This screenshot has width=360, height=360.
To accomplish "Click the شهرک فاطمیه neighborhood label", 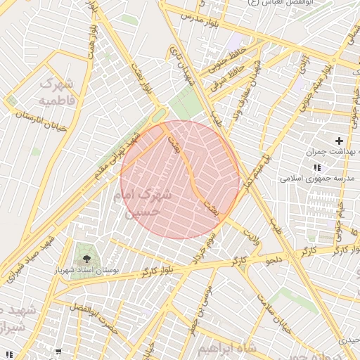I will pos(56,92).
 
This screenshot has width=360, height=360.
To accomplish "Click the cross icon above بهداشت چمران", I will pos(339,141).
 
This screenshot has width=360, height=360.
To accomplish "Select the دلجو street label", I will pos(273,261).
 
